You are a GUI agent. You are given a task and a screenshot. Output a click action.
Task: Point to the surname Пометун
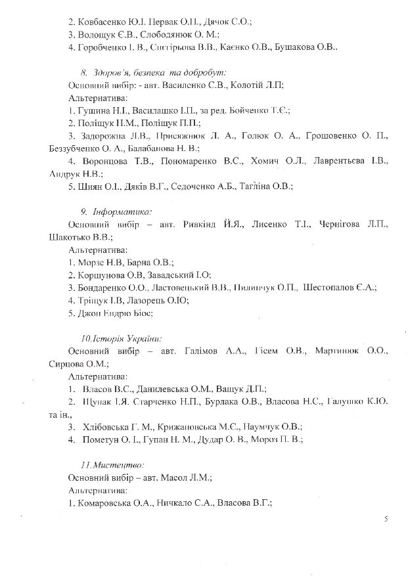coord(104,439)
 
